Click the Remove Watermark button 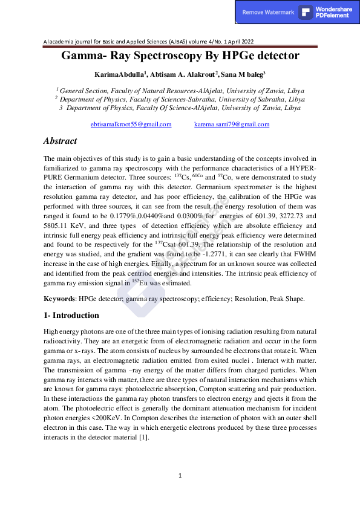[x=268, y=13]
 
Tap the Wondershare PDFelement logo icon [x=306, y=13]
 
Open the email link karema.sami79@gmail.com [x=232, y=124]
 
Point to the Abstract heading [x=60, y=141]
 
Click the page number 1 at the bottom [x=180, y=476]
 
